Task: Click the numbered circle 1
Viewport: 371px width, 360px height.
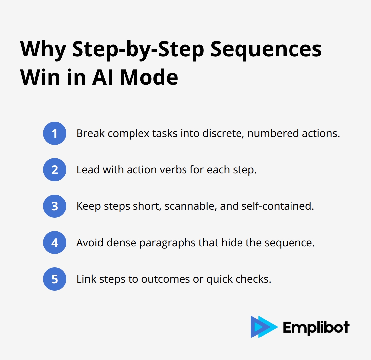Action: pos(55,133)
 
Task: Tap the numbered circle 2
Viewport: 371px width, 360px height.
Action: pos(55,170)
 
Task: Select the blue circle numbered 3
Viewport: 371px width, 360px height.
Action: pos(55,206)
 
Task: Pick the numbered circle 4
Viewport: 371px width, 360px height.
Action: pos(55,243)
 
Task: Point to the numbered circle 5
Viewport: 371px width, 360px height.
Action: pos(55,279)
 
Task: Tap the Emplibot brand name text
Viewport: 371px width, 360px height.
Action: pos(316,327)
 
